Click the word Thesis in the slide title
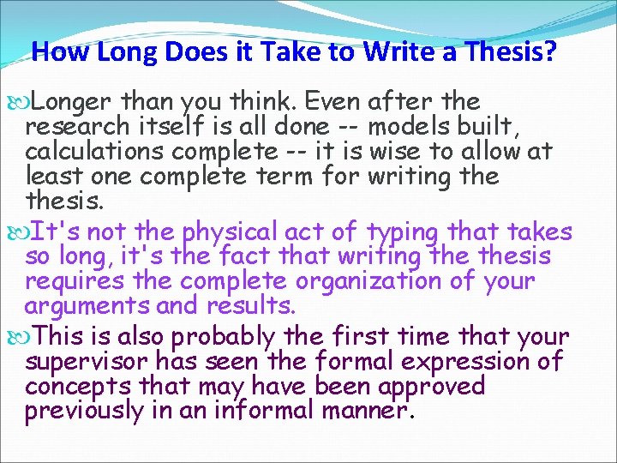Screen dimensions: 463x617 [x=510, y=53]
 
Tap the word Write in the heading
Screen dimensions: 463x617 [x=399, y=53]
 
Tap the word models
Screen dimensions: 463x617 [x=410, y=127]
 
